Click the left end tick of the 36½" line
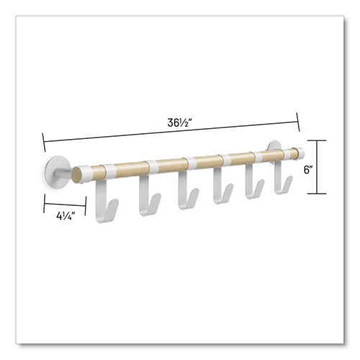pos(42,139)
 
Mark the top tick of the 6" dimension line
pos(321,140)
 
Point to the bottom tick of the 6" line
pos(321,196)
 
